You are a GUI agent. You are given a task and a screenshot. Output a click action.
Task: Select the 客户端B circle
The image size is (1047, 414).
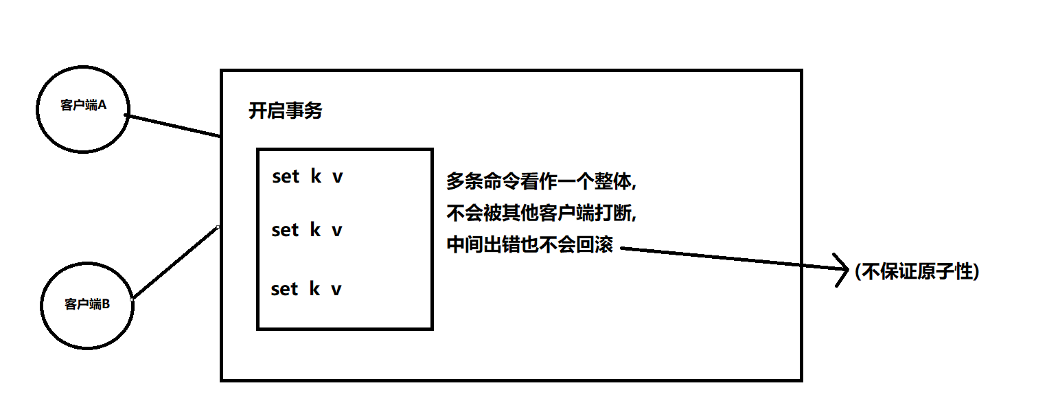(88, 303)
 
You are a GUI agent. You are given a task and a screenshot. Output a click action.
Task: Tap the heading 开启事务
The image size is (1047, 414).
(285, 111)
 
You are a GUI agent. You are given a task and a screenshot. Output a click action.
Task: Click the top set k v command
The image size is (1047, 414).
(307, 177)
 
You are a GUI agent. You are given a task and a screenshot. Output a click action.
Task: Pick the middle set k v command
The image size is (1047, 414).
(307, 230)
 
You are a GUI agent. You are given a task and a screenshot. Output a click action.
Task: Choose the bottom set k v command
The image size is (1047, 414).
(307, 289)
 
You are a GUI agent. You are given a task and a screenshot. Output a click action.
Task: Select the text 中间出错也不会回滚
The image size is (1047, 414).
(529, 245)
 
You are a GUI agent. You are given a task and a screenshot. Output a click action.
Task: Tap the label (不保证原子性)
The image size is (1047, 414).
(917, 272)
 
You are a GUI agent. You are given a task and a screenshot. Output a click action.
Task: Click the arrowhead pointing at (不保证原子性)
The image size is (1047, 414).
(844, 270)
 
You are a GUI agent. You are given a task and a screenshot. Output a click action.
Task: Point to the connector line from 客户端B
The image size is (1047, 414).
(175, 264)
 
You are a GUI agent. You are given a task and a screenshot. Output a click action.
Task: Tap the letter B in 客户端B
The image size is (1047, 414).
(106, 303)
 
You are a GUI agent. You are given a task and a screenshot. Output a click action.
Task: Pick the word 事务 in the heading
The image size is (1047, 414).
(304, 111)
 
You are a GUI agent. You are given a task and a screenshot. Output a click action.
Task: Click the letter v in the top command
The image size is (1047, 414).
(337, 177)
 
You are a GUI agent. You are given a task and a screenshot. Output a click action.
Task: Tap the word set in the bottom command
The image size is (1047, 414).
(285, 289)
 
